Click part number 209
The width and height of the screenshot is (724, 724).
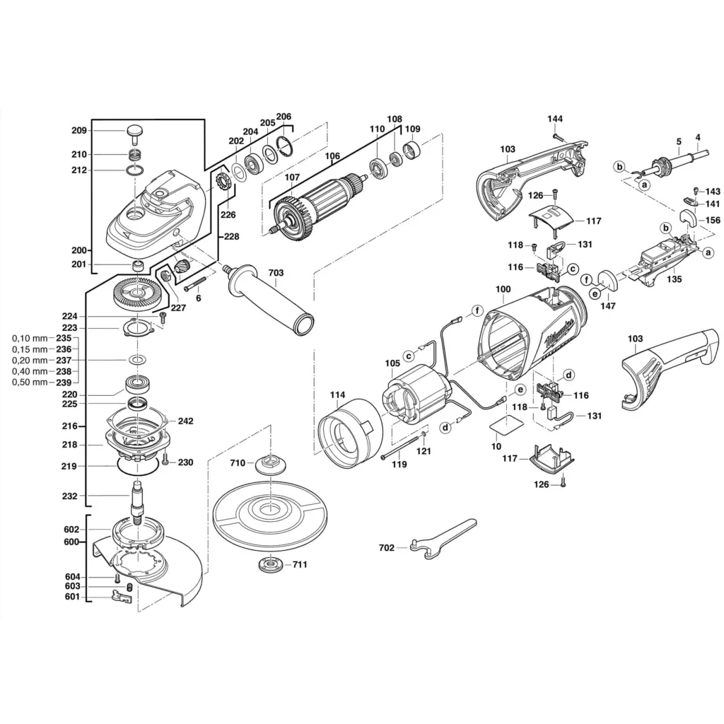(x=78, y=130)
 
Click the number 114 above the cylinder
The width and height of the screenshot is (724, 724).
(x=338, y=395)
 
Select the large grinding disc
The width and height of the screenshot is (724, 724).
(x=270, y=510)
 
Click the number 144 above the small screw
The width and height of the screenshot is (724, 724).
(x=555, y=118)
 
